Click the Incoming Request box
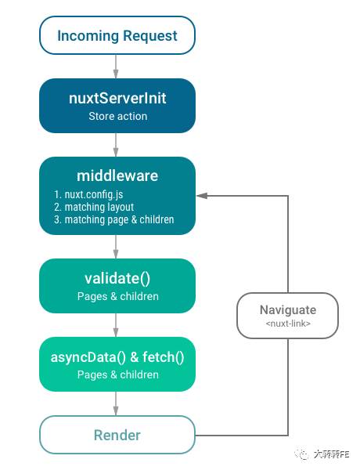click(x=117, y=35)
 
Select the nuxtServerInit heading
click(x=117, y=99)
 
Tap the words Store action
click(x=117, y=116)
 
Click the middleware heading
click(x=117, y=175)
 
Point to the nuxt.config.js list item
click(x=88, y=194)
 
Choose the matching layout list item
click(x=94, y=207)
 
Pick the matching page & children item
click(x=114, y=219)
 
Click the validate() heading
click(x=117, y=279)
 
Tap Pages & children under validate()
click(x=117, y=296)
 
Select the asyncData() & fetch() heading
click(x=117, y=357)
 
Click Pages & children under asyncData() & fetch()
click(x=117, y=374)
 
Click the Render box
click(x=117, y=435)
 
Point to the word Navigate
click(x=288, y=310)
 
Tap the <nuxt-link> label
click(x=288, y=324)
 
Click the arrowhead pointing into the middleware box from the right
click(x=202, y=196)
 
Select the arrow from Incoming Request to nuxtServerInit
click(x=116, y=67)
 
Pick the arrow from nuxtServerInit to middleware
click(x=116, y=145)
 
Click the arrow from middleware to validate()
click(x=116, y=247)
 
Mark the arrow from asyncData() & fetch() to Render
click(x=116, y=403)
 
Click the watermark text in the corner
click(x=322, y=454)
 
